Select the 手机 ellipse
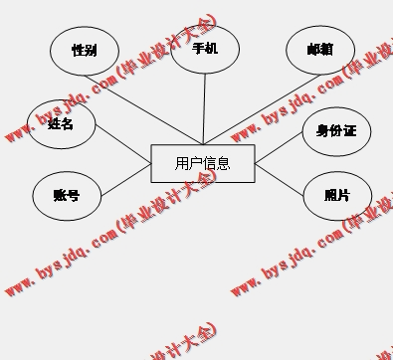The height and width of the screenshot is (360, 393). tap(205, 48)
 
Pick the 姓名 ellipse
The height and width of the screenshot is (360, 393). tap(61, 124)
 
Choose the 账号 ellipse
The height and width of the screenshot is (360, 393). tap(66, 196)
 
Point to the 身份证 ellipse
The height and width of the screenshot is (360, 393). tap(336, 130)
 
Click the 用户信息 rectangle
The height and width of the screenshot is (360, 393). tap(203, 163)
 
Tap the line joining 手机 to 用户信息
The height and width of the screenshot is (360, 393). tap(204, 109)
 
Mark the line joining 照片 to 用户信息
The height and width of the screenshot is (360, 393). tap(281, 178)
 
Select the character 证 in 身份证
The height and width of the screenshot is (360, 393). tap(349, 130)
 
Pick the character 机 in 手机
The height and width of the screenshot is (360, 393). tap(212, 48)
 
